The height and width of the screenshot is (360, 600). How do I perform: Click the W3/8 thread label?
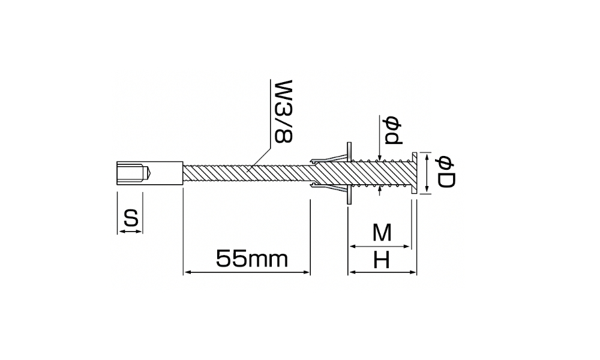point(284,111)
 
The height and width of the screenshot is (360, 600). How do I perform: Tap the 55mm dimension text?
point(252,259)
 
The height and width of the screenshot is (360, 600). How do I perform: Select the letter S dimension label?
point(130,218)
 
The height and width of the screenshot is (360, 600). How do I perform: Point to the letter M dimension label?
point(382,233)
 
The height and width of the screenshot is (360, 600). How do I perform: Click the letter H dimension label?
point(381,261)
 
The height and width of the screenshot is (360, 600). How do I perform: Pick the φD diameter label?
point(445,172)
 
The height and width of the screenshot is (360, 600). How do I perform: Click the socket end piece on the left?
point(149,173)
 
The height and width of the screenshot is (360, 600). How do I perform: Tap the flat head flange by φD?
point(415,173)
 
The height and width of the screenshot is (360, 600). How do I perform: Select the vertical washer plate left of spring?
point(349,173)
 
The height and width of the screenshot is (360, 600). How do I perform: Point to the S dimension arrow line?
point(130,231)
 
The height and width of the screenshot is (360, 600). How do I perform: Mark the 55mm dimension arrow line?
point(247,272)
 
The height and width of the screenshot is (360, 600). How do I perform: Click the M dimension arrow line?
point(380,247)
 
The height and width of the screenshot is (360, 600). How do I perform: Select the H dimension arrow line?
point(382,272)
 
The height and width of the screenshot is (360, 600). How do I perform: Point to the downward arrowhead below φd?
point(380,157)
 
